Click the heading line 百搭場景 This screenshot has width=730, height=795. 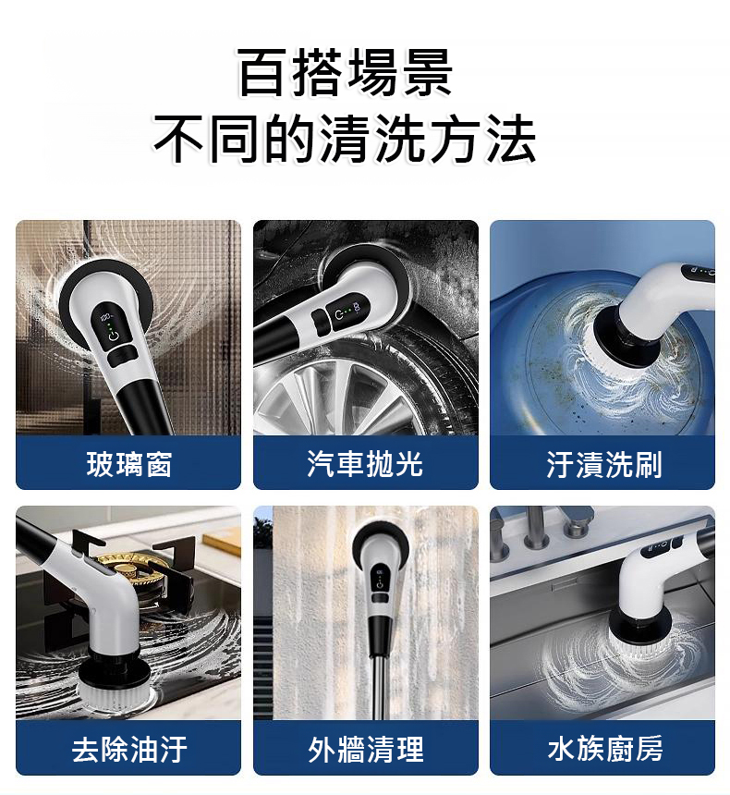(x=346, y=72)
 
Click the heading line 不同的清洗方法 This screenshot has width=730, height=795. (x=346, y=138)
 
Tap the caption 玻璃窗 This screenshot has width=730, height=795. (x=129, y=463)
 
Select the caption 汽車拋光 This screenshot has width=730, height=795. (x=365, y=463)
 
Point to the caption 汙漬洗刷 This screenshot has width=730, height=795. (x=603, y=463)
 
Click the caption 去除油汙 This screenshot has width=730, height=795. (x=129, y=749)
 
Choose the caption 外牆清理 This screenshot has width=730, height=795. (x=366, y=749)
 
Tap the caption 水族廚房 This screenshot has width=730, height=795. (x=604, y=748)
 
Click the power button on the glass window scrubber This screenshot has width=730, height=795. (x=114, y=336)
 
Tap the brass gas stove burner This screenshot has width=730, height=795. (x=133, y=570)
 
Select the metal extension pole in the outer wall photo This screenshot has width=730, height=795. (x=378, y=684)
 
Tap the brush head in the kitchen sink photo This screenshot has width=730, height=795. (x=639, y=634)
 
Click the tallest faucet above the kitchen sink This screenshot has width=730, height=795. (x=531, y=527)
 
